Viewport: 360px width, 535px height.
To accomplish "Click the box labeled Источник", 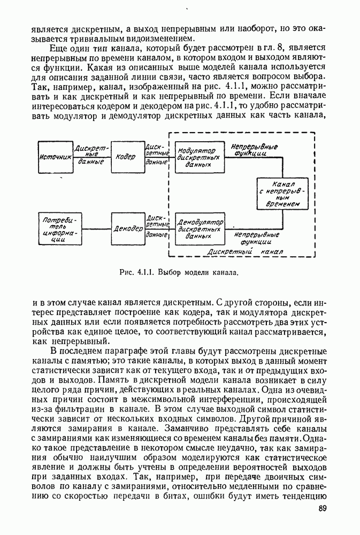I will click(x=56, y=157).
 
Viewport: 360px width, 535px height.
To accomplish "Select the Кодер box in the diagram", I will click(x=127, y=157).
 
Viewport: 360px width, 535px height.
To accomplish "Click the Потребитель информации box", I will click(x=58, y=229).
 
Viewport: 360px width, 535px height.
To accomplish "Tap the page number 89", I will click(x=322, y=509).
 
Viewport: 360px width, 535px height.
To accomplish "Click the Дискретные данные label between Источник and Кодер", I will click(x=91, y=155).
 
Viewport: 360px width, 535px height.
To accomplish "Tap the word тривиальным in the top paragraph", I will click(x=121, y=39).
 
